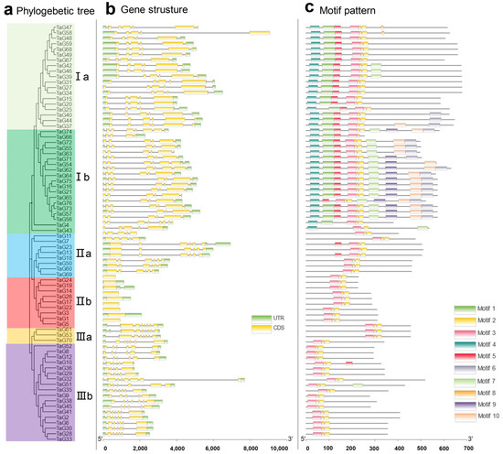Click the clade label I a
point(81,70)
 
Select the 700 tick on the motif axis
point(466,448)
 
